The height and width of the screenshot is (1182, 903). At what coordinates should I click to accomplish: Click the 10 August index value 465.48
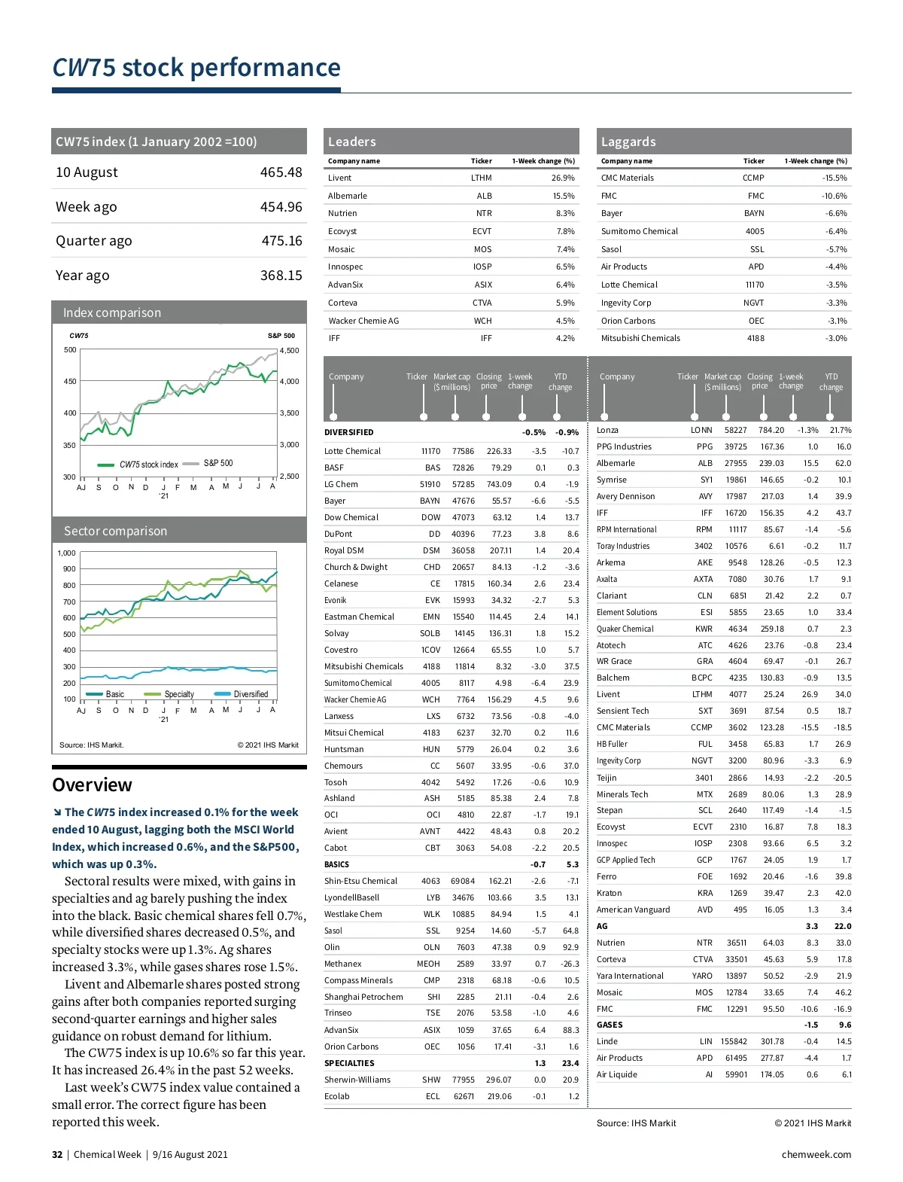[281, 172]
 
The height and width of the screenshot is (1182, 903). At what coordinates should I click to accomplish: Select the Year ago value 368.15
[281, 276]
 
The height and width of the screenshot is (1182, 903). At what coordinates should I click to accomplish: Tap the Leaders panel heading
[351, 142]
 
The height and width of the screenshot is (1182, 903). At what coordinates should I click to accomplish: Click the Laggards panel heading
[628, 142]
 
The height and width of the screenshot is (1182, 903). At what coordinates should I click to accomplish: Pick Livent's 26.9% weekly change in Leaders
[563, 178]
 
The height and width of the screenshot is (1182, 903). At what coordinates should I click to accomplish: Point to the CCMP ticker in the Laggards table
[753, 178]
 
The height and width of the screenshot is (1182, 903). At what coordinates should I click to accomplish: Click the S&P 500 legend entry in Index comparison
[217, 463]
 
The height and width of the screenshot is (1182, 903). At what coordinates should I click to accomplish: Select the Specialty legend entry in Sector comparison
[178, 694]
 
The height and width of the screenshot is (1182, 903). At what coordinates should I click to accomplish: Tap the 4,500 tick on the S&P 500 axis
[289, 351]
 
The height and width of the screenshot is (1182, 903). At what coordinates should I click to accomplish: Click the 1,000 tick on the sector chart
[67, 553]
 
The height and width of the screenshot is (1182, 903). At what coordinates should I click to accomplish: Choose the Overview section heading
[92, 784]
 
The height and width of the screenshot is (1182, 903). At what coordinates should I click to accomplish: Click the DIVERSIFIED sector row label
[348, 432]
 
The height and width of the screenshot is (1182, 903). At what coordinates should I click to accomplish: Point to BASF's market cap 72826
[463, 468]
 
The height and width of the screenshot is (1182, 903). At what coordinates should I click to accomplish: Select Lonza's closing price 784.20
[771, 430]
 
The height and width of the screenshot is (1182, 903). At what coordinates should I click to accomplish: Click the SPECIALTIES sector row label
[349, 1063]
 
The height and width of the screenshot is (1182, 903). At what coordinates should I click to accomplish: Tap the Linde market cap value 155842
[734, 1041]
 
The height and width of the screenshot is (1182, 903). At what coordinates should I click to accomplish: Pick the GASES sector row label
[610, 1025]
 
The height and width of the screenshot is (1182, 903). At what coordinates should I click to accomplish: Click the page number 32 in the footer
[57, 1154]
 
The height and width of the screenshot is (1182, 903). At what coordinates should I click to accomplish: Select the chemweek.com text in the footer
[816, 1154]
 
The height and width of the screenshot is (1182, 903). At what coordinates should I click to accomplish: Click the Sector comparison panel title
[115, 531]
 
